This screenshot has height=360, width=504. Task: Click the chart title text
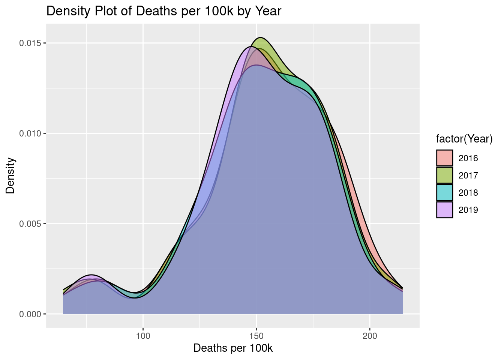(x=163, y=11)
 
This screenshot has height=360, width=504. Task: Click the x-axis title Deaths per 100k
(x=233, y=348)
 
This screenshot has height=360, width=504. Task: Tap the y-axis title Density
(x=10, y=175)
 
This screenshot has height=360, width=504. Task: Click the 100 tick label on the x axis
(x=143, y=336)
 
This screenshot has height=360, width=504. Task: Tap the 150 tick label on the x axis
(x=256, y=336)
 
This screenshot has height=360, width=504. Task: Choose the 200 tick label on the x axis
(x=370, y=336)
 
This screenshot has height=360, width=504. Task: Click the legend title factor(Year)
(x=464, y=139)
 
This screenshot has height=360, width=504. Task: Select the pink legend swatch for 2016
(x=445, y=158)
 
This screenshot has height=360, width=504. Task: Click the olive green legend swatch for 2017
(x=445, y=175)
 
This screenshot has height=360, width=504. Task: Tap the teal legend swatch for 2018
(x=445, y=193)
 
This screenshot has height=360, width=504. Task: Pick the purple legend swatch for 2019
(x=445, y=210)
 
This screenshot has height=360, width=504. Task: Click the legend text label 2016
(x=468, y=158)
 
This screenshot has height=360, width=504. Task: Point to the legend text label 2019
(x=468, y=210)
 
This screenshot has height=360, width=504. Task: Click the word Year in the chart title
(x=268, y=11)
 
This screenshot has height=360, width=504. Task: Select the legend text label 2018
(x=468, y=193)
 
